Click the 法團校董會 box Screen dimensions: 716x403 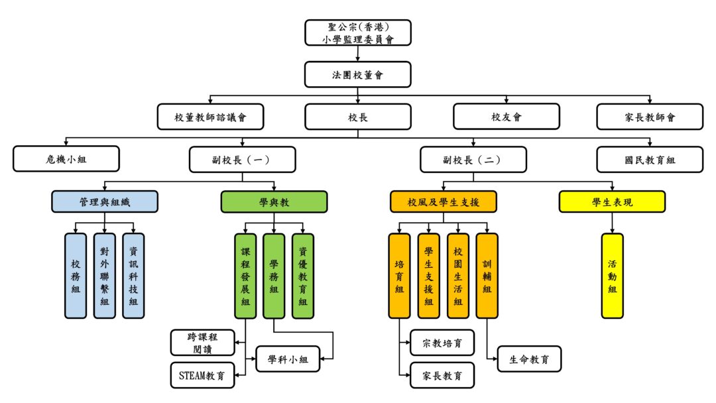[357, 74]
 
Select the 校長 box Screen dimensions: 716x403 [357, 117]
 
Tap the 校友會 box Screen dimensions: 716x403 [506, 117]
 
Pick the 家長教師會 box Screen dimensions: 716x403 [649, 117]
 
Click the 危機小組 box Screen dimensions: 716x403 [66, 159]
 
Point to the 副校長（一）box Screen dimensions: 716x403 [242, 159]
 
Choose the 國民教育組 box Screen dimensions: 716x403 [649, 159]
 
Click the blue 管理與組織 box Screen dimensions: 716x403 [105, 201]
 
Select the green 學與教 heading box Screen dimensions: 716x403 [274, 201]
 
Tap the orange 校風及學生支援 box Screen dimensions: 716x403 [443, 201]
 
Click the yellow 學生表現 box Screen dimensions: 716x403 [612, 201]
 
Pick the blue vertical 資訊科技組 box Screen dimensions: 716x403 [133, 276]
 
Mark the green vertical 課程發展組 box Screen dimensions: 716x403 [245, 276]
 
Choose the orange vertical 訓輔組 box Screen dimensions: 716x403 [487, 276]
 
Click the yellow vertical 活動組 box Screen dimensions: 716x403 [612, 276]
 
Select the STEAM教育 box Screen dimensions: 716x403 [202, 375]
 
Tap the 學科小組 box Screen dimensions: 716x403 [288, 359]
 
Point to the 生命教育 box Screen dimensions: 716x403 [529, 359]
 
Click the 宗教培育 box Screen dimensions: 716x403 [442, 343]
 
